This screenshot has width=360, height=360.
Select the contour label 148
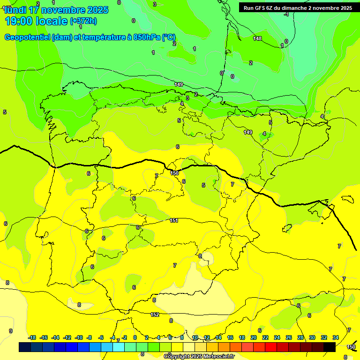click(x=257, y=38)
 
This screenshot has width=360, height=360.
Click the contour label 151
click(x=174, y=220)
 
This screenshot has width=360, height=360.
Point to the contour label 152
click(x=155, y=315)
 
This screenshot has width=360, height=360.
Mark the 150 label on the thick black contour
click(x=174, y=173)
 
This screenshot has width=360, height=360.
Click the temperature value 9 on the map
click(x=11, y=330)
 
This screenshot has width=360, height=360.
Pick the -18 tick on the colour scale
click(x=32, y=337)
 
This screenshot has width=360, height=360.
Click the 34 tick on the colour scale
click(x=336, y=337)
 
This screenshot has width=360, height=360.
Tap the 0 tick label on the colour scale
click(x=135, y=337)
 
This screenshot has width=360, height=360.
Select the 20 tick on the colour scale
click(x=254, y=337)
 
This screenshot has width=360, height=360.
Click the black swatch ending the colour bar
click(x=330, y=347)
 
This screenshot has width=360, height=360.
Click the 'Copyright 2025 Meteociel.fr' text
click(x=199, y=356)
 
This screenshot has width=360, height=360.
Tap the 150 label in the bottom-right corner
click(x=351, y=347)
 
